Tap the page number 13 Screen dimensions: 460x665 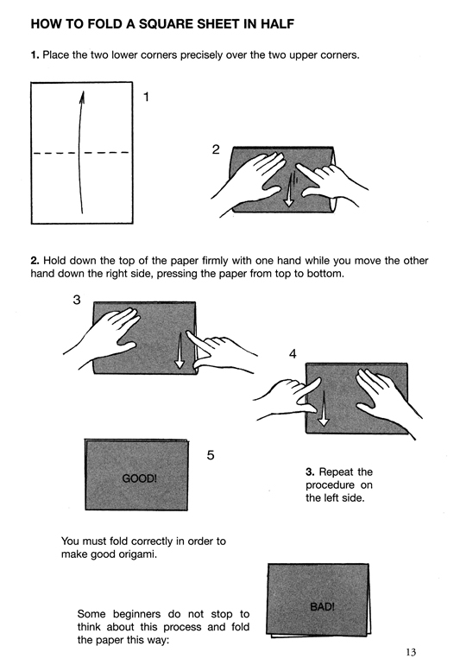coord(411,652)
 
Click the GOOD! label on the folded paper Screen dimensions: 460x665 coord(140,478)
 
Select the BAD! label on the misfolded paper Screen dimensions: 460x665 coord(322,606)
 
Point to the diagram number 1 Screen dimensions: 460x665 coord(146,97)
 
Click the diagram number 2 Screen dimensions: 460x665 coord(216,149)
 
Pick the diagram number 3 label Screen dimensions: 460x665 coord(76,300)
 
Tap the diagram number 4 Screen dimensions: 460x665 coord(293,354)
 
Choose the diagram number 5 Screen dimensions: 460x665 coord(211,455)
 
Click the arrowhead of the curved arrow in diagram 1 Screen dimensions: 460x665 coord(82,97)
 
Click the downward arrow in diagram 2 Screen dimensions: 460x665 coord(289,190)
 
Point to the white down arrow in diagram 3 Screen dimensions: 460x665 coord(180,351)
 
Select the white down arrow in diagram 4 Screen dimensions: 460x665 coord(324,408)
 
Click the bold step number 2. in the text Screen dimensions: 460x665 coord(35,261)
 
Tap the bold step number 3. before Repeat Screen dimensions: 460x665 coord(310,472)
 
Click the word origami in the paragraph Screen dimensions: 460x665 coord(139,554)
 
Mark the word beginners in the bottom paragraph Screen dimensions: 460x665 coord(137,614)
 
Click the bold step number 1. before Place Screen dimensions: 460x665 coord(35,55)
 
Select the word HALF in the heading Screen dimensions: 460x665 coord(277,24)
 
